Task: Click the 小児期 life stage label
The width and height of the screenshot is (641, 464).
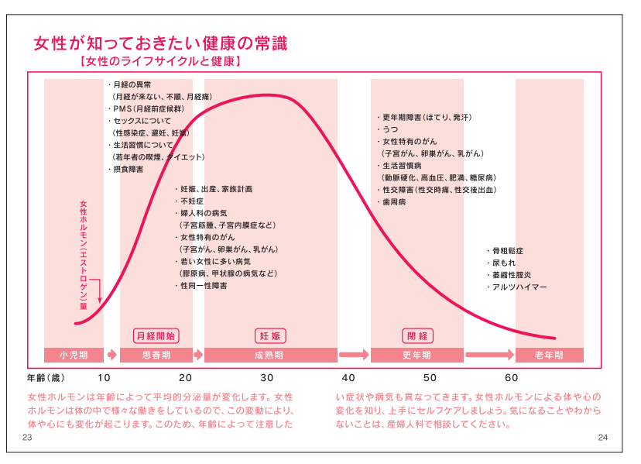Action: [74, 355]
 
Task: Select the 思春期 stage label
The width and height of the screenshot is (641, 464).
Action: [156, 355]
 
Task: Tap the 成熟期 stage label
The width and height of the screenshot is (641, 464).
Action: [269, 355]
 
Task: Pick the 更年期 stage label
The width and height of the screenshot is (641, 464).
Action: [416, 355]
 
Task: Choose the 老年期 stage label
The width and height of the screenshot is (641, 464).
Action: [549, 355]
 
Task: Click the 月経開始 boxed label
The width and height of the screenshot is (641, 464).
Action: [156, 335]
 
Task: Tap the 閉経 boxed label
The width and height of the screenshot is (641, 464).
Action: [416, 335]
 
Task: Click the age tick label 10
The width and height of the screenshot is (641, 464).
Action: [104, 378]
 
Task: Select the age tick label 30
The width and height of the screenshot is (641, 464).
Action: [266, 378]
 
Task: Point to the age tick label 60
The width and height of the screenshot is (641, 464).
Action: [511, 378]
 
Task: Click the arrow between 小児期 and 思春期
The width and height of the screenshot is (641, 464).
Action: [111, 355]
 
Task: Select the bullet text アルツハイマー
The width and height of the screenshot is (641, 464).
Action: [519, 287]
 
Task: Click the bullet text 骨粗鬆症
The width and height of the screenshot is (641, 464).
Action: [508, 251]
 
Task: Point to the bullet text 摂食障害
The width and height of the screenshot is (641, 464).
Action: [128, 168]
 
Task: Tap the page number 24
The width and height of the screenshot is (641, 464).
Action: [604, 438]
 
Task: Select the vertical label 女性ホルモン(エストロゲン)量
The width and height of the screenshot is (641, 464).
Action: [84, 256]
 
